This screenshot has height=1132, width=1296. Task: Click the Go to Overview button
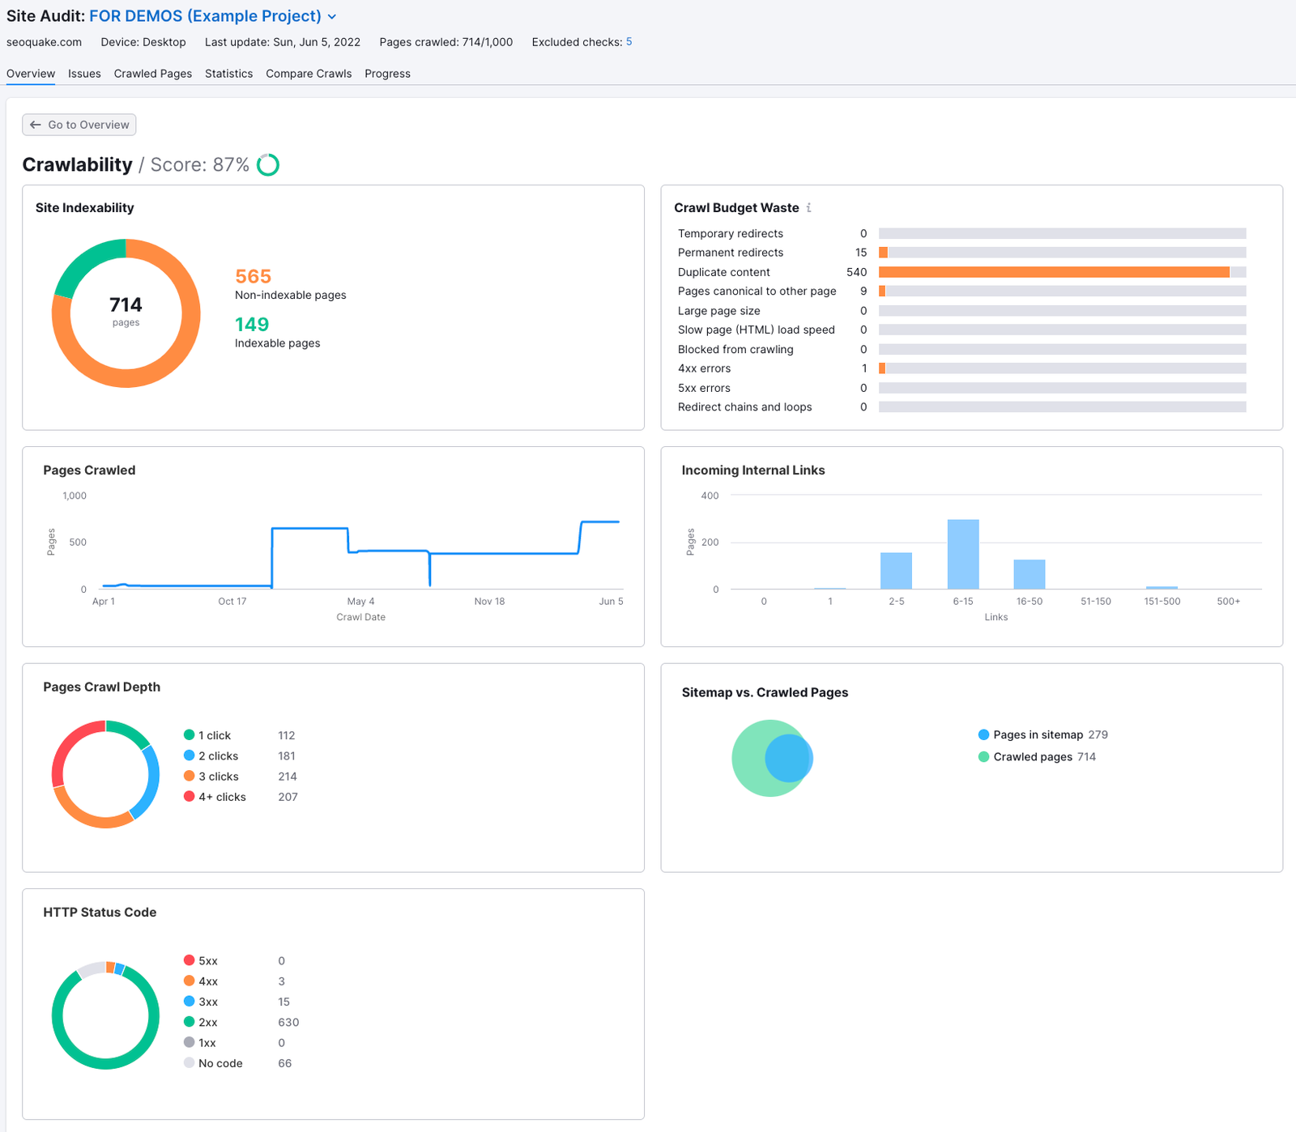[79, 125]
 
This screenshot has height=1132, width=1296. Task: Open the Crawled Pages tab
[152, 74]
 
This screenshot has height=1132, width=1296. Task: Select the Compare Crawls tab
[309, 74]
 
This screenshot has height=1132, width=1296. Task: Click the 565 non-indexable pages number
[253, 276]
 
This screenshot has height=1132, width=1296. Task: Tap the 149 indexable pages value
[251, 324]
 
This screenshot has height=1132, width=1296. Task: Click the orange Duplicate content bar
[1053, 272]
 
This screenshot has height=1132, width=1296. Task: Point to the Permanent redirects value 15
[860, 253]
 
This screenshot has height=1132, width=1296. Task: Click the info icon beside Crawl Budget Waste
[808, 208]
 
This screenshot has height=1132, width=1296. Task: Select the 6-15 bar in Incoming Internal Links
[963, 554]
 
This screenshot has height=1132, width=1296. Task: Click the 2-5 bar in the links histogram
[896, 571]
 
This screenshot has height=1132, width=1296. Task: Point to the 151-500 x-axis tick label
[1162, 602]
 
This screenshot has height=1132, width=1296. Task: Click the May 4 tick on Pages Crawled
[360, 602]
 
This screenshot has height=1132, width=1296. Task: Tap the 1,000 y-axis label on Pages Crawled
[75, 496]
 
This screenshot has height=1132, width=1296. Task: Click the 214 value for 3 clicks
[287, 777]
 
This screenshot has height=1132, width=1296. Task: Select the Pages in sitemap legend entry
[1037, 735]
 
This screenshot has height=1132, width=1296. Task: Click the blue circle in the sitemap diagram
[790, 759]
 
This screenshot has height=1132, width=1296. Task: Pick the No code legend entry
[220, 1063]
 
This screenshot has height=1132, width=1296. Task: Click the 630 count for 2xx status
[288, 1023]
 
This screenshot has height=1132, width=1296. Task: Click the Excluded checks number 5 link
[629, 42]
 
